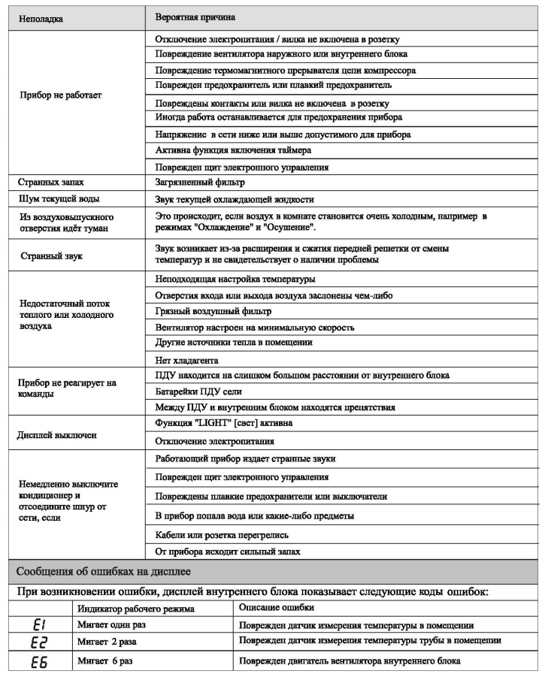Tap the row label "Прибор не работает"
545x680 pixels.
pos(59,95)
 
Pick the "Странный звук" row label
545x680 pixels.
pos(50,255)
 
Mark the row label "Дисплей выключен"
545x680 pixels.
pos(58,434)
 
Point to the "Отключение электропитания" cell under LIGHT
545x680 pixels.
pos(214,441)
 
